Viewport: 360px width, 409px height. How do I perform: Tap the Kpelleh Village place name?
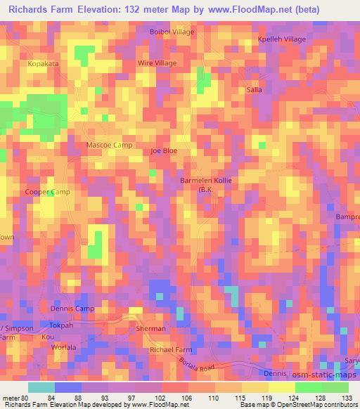282,39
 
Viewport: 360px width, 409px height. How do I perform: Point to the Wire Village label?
157,63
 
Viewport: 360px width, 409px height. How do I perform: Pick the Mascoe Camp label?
109,145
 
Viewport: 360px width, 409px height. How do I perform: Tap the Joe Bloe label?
164,151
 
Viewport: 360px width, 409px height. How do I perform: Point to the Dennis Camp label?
72,309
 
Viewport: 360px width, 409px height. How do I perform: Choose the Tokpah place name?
62,325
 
